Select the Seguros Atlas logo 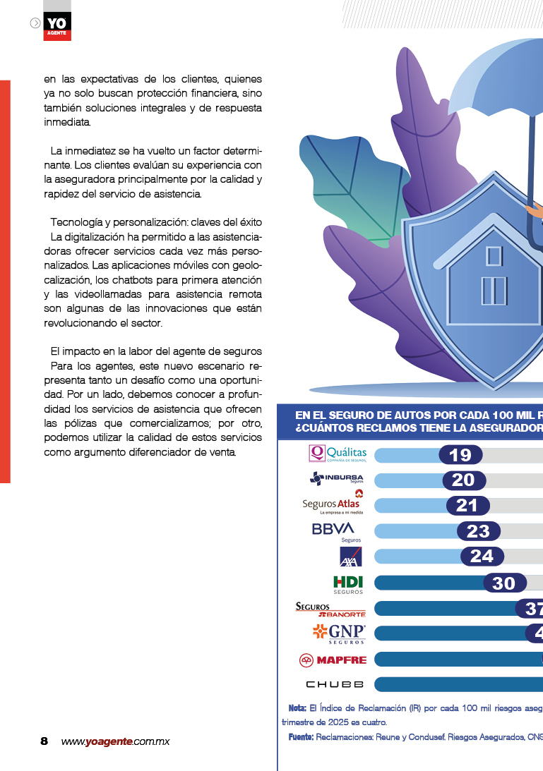tap(331, 504)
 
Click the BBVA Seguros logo tap(333, 530)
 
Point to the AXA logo tap(351, 557)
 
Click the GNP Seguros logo tap(339, 633)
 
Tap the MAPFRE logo tap(333, 660)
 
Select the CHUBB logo tap(335, 685)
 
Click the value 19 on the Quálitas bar tap(460, 455)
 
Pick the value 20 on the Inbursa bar tap(464, 480)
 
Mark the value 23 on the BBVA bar tap(478, 531)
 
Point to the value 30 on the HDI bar tap(504, 583)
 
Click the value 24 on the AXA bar tap(482, 557)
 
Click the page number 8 tap(44, 741)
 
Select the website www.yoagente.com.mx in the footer tap(115, 741)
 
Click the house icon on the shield tap(494, 276)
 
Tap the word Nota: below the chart tap(297, 708)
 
